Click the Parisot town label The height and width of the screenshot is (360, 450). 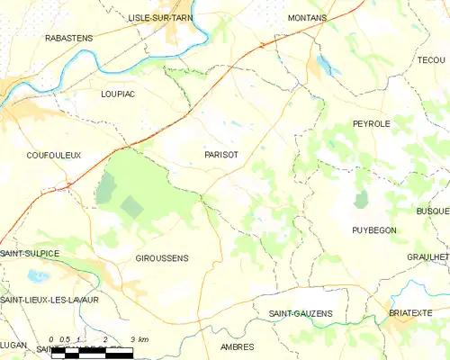pos(221,154)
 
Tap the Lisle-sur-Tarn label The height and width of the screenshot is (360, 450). pos(163,17)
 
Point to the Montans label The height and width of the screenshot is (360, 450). pos(307,17)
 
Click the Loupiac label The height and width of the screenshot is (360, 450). pos(118,93)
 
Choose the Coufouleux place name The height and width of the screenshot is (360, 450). pos(54,155)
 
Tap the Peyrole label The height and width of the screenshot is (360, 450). pos(371,123)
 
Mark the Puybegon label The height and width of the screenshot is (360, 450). pos(373,230)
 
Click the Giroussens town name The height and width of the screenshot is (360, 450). pos(161,258)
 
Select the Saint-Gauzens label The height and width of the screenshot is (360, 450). pos(301,313)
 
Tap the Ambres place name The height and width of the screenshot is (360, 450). pos(237,346)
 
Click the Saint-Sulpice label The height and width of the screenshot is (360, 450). pos(30,254)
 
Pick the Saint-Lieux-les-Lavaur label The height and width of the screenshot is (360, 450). pos(49,299)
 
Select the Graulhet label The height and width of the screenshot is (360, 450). pos(428,256)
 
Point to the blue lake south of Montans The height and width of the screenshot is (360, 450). pos(323,65)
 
